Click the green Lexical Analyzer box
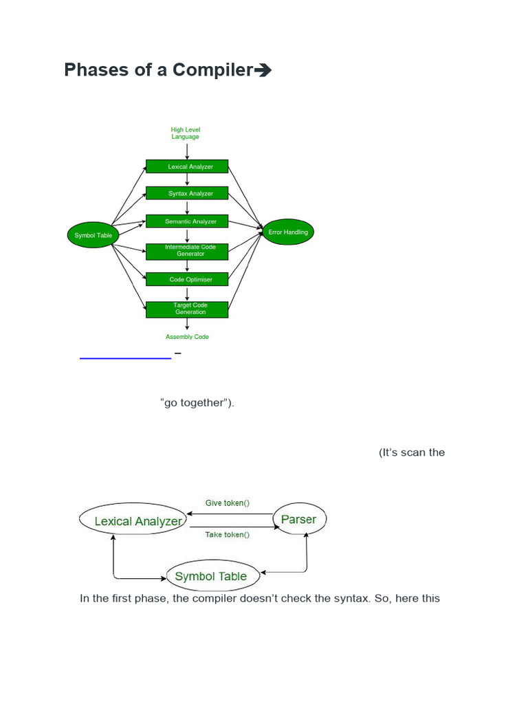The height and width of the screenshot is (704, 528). point(187,166)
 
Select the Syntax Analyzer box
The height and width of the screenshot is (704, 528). point(187,193)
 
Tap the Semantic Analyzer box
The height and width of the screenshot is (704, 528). point(187,221)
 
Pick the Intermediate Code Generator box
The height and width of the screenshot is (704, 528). point(187,252)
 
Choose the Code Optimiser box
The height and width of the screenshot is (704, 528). point(187,279)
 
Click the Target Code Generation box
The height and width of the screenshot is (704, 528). point(187,309)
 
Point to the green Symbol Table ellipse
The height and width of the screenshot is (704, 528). point(93,235)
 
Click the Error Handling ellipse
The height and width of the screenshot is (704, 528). point(288,232)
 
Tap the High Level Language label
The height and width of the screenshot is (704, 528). point(186,133)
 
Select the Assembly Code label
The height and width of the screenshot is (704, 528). point(187,337)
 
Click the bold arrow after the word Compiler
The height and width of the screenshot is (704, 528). point(263,70)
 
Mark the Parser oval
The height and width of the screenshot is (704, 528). point(299,519)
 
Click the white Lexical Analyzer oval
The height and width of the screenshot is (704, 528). point(133,519)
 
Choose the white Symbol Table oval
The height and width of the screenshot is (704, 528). point(213,576)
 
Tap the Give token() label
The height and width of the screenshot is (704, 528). point(227,503)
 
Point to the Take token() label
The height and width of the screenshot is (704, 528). point(227,534)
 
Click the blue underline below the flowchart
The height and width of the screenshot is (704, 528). point(125,358)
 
